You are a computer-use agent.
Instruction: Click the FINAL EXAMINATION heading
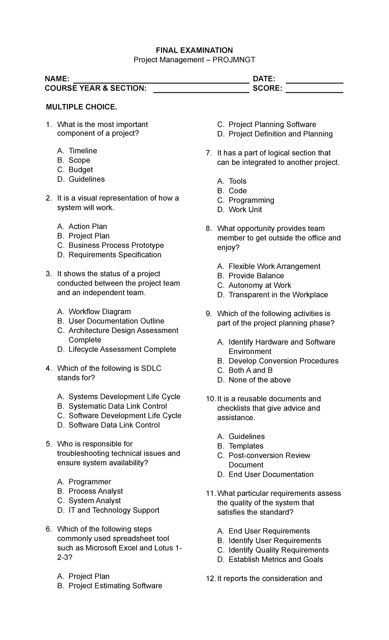tap(194, 50)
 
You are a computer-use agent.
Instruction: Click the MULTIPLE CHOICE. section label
tap(81, 107)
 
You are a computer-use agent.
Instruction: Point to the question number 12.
tap(211, 578)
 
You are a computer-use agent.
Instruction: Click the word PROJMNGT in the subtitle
tap(234, 60)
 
